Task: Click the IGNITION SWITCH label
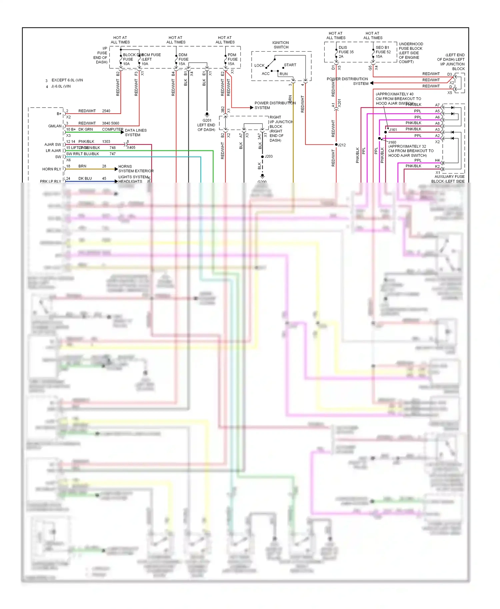(x=281, y=45)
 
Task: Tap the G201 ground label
(x=207, y=121)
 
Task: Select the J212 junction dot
(x=336, y=145)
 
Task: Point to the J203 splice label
(x=269, y=156)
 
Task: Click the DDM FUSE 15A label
(x=183, y=59)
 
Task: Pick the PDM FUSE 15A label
(x=232, y=59)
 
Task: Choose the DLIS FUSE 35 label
(x=346, y=52)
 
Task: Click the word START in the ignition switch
(x=290, y=65)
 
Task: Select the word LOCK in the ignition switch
(x=259, y=66)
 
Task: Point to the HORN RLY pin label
(x=52, y=169)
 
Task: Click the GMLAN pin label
(x=55, y=126)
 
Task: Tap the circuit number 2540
(x=106, y=111)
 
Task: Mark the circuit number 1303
(x=106, y=142)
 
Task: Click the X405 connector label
(x=131, y=148)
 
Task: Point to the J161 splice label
(x=393, y=130)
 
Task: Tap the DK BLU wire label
(x=85, y=179)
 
